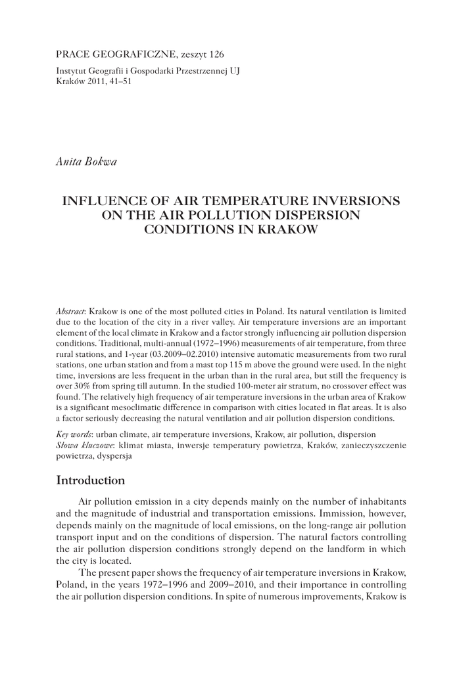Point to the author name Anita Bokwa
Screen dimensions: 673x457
tap(86, 161)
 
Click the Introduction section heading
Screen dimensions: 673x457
tap(91, 481)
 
